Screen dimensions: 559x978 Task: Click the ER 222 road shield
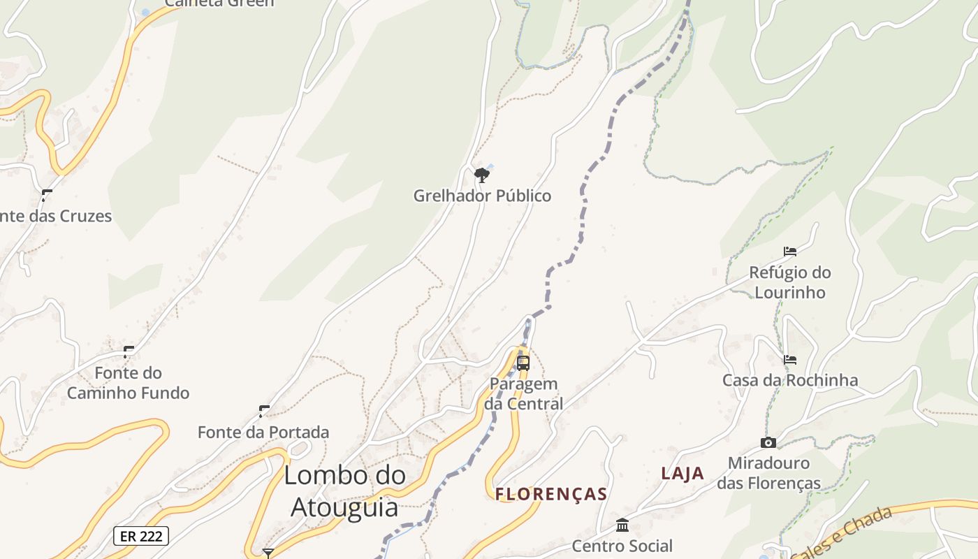click(140, 536)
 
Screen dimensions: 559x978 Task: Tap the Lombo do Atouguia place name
click(344, 491)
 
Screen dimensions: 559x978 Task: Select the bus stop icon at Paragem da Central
click(523, 363)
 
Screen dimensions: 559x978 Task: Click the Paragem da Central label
click(524, 393)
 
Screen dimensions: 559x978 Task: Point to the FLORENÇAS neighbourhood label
click(551, 494)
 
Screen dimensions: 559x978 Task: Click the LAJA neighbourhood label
click(683, 473)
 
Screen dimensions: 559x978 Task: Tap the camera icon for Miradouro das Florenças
click(768, 442)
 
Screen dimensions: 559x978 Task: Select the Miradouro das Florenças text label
click(768, 473)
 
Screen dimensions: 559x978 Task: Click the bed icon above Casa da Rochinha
click(790, 359)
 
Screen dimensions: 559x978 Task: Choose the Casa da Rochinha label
click(790, 380)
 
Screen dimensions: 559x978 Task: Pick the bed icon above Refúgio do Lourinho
click(790, 251)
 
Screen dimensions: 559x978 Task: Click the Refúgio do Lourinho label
click(790, 282)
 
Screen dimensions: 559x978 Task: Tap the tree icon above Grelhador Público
click(481, 175)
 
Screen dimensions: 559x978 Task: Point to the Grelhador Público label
click(482, 196)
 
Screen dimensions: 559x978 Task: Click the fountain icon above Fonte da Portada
click(264, 411)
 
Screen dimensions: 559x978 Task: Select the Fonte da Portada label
click(263, 432)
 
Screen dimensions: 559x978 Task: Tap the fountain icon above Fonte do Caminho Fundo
click(129, 351)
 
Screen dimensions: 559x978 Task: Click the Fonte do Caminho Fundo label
click(129, 382)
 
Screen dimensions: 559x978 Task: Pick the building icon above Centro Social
click(622, 525)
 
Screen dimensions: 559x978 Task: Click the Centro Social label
click(622, 546)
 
